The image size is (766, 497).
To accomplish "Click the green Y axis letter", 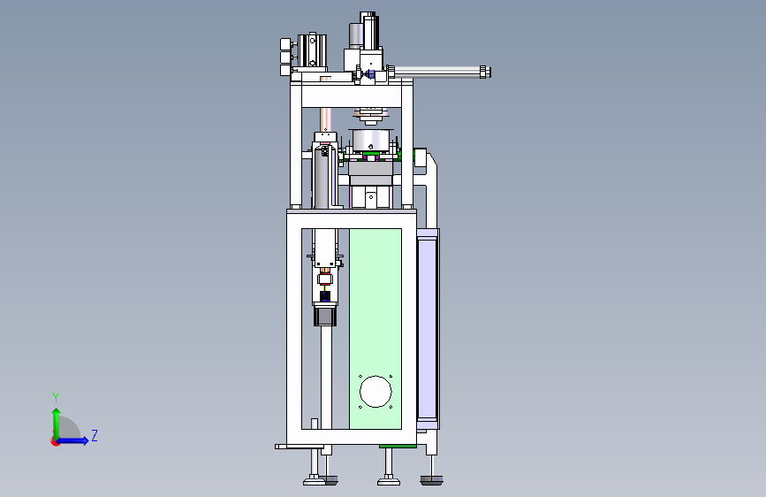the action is pyautogui.click(x=56, y=397).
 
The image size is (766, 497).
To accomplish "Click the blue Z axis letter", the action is pyautogui.click(x=95, y=435).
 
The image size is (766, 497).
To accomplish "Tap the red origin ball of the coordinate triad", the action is pyautogui.click(x=55, y=441).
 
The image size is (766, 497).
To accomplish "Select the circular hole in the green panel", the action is pyautogui.click(x=375, y=392).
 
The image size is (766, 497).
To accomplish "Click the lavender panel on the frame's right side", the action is pyautogui.click(x=427, y=327).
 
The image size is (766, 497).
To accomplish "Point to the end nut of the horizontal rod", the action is pyautogui.click(x=485, y=72).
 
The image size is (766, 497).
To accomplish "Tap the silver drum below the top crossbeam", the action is pyautogui.click(x=373, y=140).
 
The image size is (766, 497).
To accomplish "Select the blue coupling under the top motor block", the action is pyautogui.click(x=369, y=74).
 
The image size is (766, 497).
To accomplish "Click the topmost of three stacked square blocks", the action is pyautogui.click(x=286, y=44).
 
